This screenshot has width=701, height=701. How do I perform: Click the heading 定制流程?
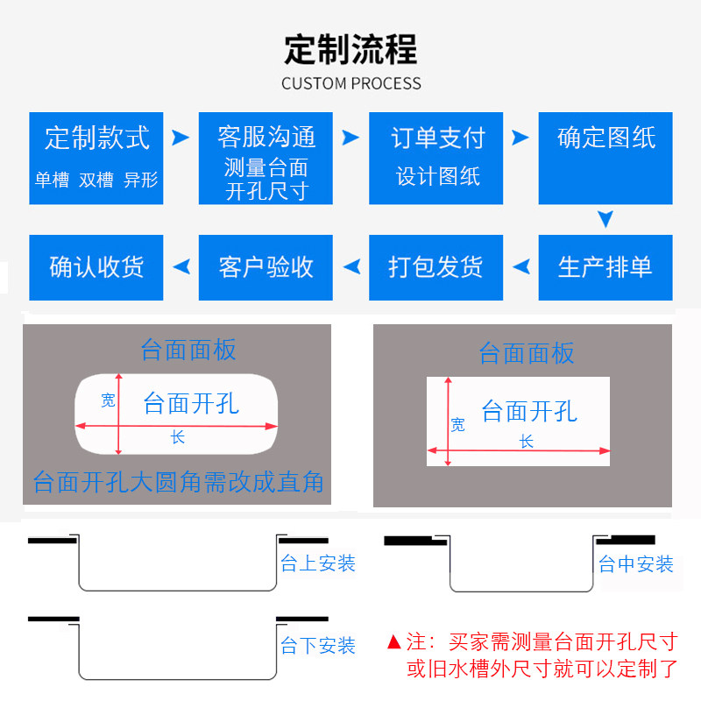[x=350, y=49]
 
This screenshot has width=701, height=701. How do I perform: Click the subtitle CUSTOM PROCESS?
[x=350, y=84]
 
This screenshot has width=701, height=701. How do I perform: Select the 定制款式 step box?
[x=96, y=158]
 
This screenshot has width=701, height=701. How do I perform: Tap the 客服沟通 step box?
[x=266, y=158]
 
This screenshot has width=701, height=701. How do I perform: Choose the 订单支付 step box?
[x=436, y=158]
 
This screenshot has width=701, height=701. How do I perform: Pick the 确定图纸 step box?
[x=605, y=158]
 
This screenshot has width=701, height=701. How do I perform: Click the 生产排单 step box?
[x=605, y=267]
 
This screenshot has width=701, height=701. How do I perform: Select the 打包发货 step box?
[x=436, y=267]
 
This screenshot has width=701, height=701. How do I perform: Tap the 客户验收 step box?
[x=266, y=267]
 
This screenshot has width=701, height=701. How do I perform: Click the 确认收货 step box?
[x=96, y=267]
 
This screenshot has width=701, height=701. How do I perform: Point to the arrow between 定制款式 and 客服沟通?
[x=181, y=138]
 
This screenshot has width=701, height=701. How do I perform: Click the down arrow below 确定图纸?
[x=605, y=219]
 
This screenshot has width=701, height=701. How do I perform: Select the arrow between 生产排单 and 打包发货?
[x=520, y=267]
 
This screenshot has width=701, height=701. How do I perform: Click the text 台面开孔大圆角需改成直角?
[x=178, y=482]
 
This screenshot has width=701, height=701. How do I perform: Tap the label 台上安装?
[x=318, y=563]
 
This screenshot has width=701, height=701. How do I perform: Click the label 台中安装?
[x=636, y=564]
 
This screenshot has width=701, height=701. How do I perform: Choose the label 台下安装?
[x=318, y=646]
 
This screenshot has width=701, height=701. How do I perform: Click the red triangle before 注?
[x=393, y=642]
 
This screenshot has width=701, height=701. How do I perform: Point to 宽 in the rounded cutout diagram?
[x=108, y=400]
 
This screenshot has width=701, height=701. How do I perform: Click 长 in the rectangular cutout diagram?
[x=527, y=443]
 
